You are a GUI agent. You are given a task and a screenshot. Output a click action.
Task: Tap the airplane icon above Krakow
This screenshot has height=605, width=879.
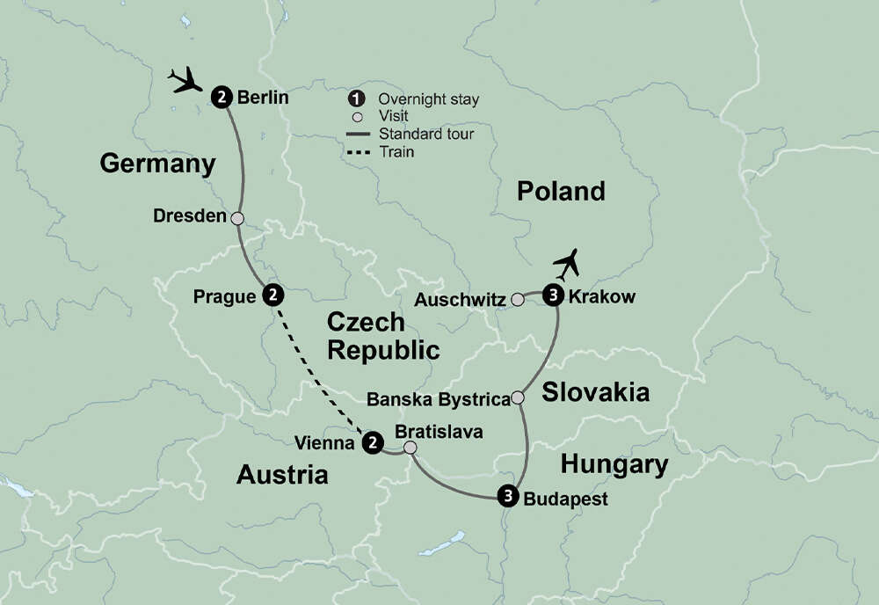(569, 263)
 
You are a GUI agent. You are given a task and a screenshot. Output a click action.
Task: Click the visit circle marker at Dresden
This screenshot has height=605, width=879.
(236, 217)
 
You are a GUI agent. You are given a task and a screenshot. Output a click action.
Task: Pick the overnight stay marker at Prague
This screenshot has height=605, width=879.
(273, 295)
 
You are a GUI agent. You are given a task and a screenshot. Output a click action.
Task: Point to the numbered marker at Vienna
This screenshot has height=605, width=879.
(374, 443)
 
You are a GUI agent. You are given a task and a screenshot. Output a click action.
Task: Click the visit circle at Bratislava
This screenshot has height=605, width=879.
(410, 448)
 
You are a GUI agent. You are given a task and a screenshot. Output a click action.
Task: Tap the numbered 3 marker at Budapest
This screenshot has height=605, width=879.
(508, 497)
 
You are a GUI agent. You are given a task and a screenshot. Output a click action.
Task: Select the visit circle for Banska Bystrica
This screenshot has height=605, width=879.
(519, 398)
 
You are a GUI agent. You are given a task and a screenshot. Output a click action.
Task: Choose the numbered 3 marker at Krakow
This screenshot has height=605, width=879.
(553, 295)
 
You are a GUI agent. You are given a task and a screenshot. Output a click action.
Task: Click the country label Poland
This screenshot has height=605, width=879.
(561, 191)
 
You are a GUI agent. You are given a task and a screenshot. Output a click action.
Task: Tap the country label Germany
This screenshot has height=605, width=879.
(157, 163)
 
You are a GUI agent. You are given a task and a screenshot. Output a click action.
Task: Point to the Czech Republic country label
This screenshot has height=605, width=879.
(382, 336)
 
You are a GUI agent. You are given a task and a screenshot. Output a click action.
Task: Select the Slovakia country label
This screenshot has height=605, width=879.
(595, 392)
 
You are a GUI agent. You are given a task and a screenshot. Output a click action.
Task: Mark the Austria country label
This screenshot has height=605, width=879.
(282, 476)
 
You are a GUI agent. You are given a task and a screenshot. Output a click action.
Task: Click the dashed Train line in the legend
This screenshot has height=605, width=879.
(358, 152)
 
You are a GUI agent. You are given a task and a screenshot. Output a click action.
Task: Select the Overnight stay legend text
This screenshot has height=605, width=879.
(428, 99)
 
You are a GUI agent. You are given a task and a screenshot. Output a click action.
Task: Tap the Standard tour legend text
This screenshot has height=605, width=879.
(426, 135)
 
